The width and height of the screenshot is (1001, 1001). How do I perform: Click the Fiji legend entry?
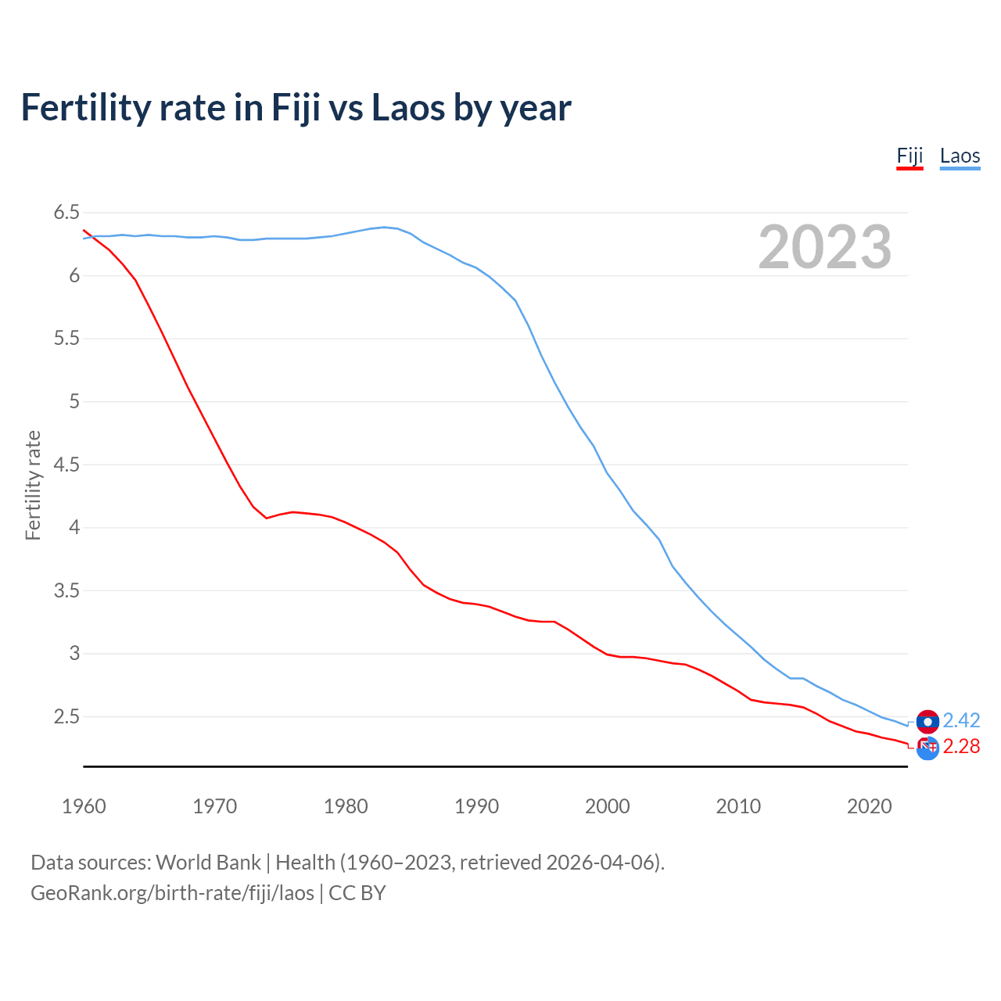tap(910, 156)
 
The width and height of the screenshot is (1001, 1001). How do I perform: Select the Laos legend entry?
tap(960, 156)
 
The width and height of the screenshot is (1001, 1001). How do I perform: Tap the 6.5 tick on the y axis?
tap(66, 213)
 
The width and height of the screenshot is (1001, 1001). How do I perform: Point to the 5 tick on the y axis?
tap(74, 402)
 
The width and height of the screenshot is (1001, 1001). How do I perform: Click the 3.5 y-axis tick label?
tap(66, 590)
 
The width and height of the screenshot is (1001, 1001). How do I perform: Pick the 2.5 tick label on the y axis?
tap(66, 717)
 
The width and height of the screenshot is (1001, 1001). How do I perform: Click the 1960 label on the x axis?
tap(84, 806)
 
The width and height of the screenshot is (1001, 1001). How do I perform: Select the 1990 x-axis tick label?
tap(476, 806)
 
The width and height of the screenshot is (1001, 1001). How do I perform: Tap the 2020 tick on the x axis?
tap(869, 806)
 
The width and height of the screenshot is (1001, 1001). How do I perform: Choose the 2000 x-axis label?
tap(607, 806)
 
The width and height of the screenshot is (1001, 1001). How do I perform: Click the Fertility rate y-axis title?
tap(33, 485)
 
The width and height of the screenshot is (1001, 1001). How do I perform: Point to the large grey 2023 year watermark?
tap(824, 247)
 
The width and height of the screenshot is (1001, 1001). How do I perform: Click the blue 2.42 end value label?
tap(961, 720)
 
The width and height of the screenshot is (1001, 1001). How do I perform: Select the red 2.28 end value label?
tap(961, 747)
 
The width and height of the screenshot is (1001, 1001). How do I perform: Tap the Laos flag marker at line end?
tap(927, 722)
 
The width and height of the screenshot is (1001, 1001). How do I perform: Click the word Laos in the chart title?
tap(408, 108)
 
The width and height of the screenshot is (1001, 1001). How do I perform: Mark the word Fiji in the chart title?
tap(296, 108)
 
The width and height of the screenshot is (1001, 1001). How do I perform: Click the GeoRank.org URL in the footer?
tap(172, 893)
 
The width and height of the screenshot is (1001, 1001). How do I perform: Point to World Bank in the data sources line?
tap(208, 863)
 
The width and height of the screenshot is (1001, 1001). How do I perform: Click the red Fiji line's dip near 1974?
tap(267, 518)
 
